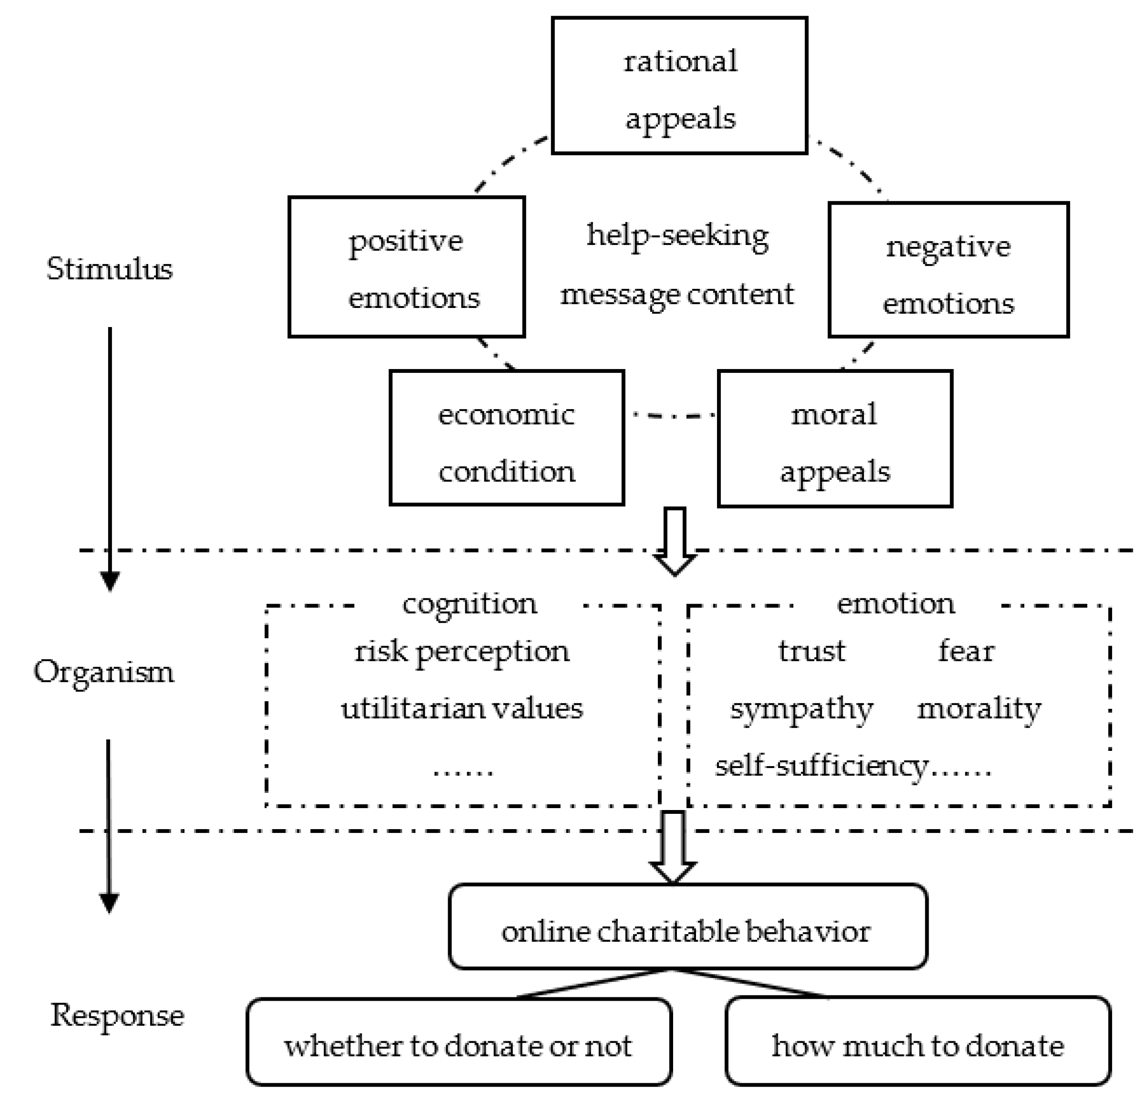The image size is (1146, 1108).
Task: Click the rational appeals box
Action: pos(679,86)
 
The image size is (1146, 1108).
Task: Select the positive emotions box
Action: pos(406,267)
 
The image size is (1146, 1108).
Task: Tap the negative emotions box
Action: pos(948,270)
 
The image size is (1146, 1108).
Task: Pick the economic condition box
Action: pos(506,437)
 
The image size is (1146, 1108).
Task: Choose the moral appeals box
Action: pos(834,439)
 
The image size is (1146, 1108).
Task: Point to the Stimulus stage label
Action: pos(109,269)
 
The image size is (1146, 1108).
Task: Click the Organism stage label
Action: pos(103,672)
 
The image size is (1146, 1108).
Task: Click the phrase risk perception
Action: pos(461,651)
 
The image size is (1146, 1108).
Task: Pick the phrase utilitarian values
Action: pos(461,708)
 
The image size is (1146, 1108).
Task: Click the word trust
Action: pos(811,650)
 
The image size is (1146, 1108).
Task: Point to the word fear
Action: pos(966,650)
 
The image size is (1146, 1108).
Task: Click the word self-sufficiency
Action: pos(821,765)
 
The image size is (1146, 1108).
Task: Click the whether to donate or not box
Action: pos(459,1046)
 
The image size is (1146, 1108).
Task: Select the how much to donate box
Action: pos(917,1046)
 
